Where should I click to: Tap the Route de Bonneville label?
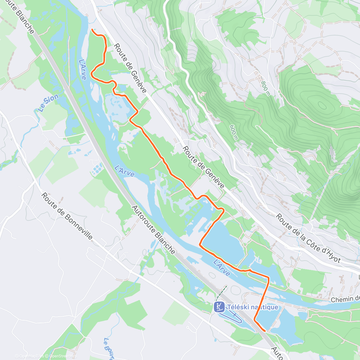(x=67, y=216)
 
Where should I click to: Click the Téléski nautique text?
(x=252, y=307)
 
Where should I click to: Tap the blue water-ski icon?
(x=219, y=307)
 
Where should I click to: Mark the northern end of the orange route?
(x=91, y=29)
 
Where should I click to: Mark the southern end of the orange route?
(x=265, y=331)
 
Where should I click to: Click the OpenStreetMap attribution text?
(x=63, y=356)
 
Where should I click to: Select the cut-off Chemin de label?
(x=345, y=299)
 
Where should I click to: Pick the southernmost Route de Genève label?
(x=203, y=167)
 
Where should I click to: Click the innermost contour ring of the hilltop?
(x=322, y=105)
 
